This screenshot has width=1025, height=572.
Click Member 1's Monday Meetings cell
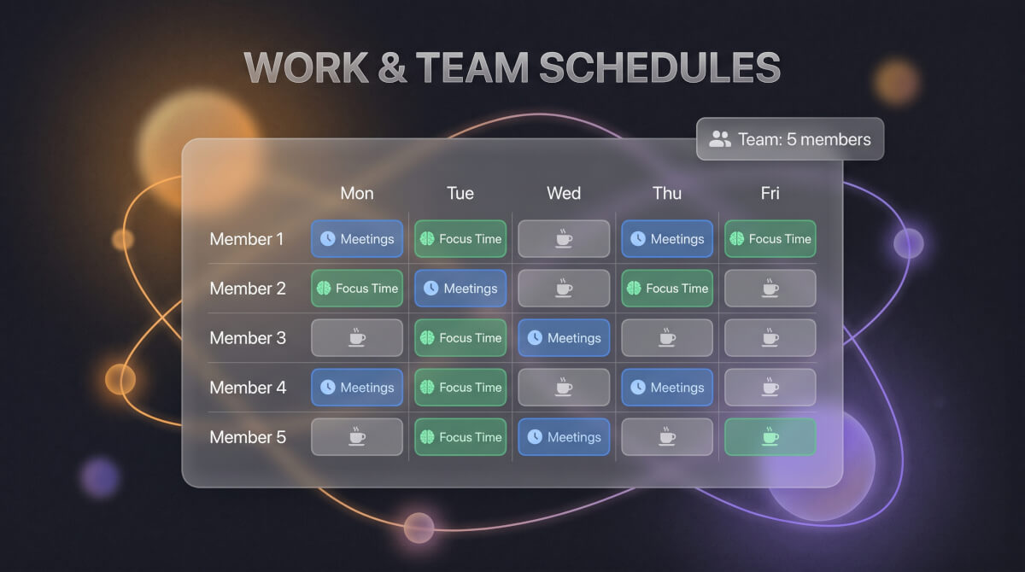click(357, 239)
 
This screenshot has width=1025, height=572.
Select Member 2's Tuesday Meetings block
click(460, 288)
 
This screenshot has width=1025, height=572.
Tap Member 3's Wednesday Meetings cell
click(564, 338)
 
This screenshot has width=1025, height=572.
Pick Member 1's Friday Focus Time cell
click(770, 239)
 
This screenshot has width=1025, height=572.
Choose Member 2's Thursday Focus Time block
click(667, 288)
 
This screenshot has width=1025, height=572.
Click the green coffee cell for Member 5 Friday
click(770, 437)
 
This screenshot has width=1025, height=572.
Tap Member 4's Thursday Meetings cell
click(667, 388)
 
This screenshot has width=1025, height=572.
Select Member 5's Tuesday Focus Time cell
click(460, 437)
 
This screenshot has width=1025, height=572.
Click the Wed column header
click(564, 193)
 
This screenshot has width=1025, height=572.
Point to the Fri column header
click(770, 193)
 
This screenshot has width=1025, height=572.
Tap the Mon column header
click(357, 193)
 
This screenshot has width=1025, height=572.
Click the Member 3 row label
click(248, 338)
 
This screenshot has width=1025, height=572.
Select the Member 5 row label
click(248, 437)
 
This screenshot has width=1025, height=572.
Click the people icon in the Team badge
click(720, 139)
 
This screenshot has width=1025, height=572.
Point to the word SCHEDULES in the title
click(659, 67)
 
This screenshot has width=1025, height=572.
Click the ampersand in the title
click(392, 67)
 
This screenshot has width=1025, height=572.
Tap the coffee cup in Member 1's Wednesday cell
click(564, 239)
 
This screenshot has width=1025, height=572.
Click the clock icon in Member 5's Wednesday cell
click(535, 437)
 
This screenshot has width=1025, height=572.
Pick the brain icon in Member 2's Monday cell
click(324, 288)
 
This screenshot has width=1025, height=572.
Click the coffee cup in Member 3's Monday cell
click(357, 338)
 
